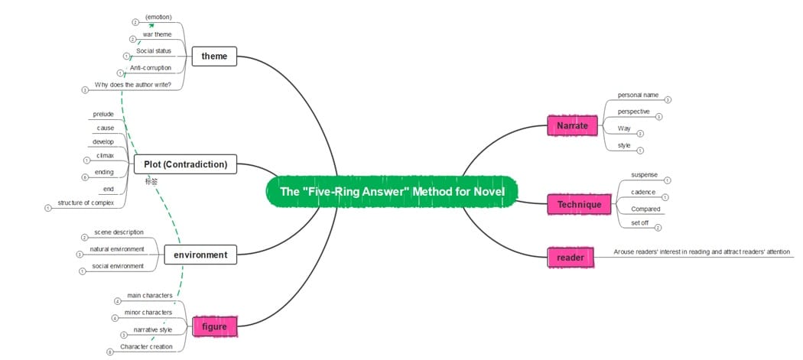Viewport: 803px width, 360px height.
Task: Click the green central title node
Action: (x=392, y=192)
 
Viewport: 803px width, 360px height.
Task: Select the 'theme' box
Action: (x=214, y=56)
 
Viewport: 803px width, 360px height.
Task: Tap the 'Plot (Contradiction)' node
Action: (x=185, y=164)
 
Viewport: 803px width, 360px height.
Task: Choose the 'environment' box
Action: (x=200, y=255)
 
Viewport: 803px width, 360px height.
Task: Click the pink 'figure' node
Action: (x=214, y=327)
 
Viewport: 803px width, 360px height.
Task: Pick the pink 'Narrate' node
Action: (x=572, y=125)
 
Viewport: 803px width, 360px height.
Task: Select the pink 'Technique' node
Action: (x=579, y=205)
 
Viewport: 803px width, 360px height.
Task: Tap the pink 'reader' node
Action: (x=571, y=258)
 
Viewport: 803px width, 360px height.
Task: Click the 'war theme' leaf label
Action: (x=157, y=34)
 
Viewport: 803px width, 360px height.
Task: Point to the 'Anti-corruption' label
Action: (x=151, y=68)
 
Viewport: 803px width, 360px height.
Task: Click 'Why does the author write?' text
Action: (x=132, y=84)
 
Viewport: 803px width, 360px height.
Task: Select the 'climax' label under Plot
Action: (x=105, y=155)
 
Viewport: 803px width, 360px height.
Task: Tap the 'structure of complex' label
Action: (x=86, y=203)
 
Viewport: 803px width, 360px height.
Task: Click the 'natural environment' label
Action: (x=117, y=250)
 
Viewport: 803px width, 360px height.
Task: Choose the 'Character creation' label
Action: (x=146, y=346)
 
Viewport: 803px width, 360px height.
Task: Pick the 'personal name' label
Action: (x=638, y=96)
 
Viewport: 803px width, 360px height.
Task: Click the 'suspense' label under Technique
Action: (x=644, y=175)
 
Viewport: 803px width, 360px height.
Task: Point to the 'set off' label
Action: (x=640, y=223)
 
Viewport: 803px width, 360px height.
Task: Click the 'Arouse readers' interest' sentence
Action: (x=701, y=251)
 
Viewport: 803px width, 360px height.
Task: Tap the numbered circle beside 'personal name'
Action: (x=668, y=99)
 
